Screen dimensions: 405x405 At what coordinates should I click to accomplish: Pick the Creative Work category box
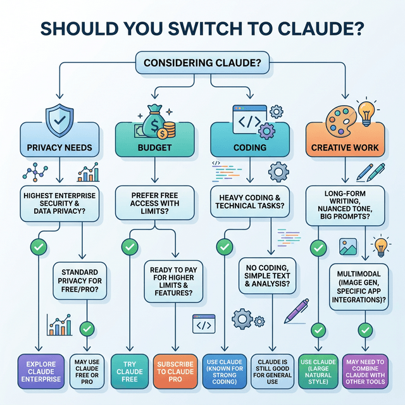point(345,144)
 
